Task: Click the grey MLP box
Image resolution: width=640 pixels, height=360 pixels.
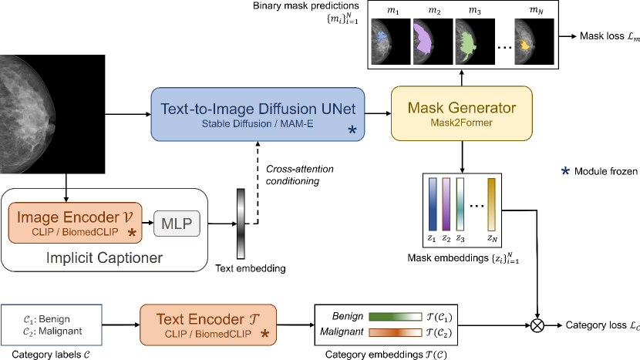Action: [x=176, y=224]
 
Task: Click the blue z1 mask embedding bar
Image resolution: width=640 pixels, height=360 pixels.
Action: [x=433, y=203]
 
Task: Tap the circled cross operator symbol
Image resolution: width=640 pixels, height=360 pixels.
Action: [x=536, y=326]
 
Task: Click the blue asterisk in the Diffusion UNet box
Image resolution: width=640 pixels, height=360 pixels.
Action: [x=352, y=131]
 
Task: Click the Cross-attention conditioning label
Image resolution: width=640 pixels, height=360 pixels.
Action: [x=292, y=173]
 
